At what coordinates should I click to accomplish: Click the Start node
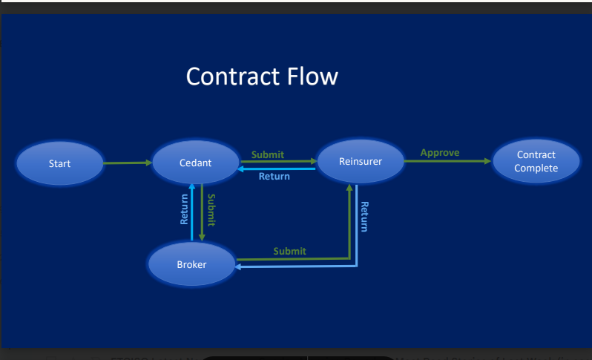point(60,163)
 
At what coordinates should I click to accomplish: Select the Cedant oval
point(195,163)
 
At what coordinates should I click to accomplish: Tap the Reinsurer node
point(360,160)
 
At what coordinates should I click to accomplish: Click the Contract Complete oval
point(536,162)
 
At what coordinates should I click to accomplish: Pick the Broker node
point(191,264)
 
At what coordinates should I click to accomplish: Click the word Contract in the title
point(231,76)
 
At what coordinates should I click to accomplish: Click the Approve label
point(440,153)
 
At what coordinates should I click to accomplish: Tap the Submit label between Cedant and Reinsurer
point(268,154)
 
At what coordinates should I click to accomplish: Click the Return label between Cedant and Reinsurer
point(274,176)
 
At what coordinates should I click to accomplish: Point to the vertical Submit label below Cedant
point(211,210)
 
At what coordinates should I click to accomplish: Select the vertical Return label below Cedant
point(184,209)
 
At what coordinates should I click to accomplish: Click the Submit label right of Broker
point(289,251)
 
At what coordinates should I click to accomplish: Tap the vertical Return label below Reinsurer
point(364,217)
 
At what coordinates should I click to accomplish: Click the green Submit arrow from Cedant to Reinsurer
point(277,161)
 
